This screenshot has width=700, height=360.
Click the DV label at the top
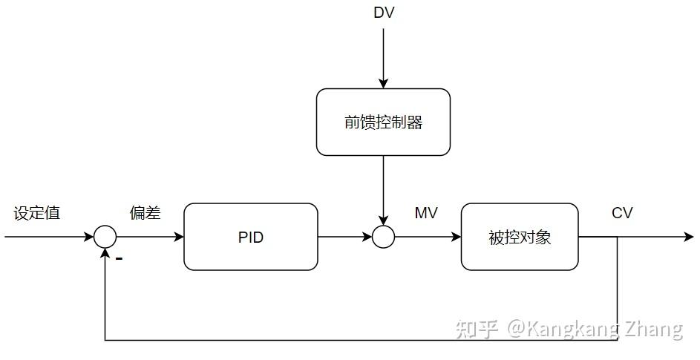383,13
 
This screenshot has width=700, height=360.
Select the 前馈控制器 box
383,122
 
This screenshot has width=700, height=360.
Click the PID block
251,238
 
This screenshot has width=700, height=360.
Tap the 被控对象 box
520,238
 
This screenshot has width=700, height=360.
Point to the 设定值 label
37,214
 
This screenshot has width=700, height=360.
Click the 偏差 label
145,214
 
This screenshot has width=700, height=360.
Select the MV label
426,214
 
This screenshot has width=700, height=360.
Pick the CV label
622,214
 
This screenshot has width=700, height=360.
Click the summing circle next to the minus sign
105,238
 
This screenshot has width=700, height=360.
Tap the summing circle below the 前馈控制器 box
383,238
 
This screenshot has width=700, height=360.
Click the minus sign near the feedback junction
119,259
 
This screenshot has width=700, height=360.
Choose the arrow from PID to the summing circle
345,238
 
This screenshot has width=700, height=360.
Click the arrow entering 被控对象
428,238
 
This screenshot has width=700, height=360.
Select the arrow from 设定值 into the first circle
49,238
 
